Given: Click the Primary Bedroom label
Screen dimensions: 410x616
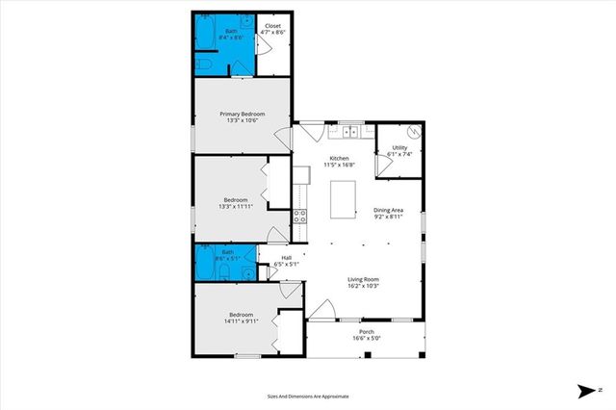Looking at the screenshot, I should (x=241, y=114).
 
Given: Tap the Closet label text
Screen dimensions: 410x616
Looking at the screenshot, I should (x=273, y=26).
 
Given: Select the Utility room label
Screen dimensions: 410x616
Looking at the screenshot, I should (x=398, y=147).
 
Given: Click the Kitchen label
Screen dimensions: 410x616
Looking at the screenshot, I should (x=339, y=158).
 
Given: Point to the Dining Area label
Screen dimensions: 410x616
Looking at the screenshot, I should (x=388, y=211).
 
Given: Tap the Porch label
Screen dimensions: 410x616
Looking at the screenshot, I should (x=367, y=331).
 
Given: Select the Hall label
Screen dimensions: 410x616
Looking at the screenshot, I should (x=286, y=257).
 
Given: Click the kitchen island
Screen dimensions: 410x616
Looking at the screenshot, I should (x=343, y=197).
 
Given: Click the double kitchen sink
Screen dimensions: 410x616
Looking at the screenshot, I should (x=346, y=131).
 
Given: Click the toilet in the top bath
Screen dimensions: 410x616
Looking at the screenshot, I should (x=205, y=63).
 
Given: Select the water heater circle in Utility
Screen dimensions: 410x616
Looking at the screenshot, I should (x=416, y=134).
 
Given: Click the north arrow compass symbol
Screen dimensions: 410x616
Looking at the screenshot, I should (x=587, y=390).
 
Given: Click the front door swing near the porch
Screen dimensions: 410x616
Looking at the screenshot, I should (x=321, y=310).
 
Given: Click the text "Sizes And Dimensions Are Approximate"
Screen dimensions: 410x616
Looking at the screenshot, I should (x=308, y=396).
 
